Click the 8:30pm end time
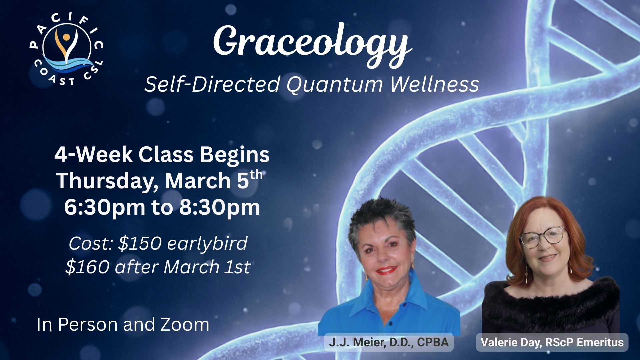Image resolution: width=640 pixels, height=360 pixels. (219, 207)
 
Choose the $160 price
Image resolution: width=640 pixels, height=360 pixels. (87, 267)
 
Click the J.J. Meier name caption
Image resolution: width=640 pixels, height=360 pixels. (389, 342)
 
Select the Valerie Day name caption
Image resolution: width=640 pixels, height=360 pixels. (552, 342)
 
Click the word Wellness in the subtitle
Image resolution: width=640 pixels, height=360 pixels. (434, 84)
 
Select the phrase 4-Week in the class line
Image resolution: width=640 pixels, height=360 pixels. (93, 155)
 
